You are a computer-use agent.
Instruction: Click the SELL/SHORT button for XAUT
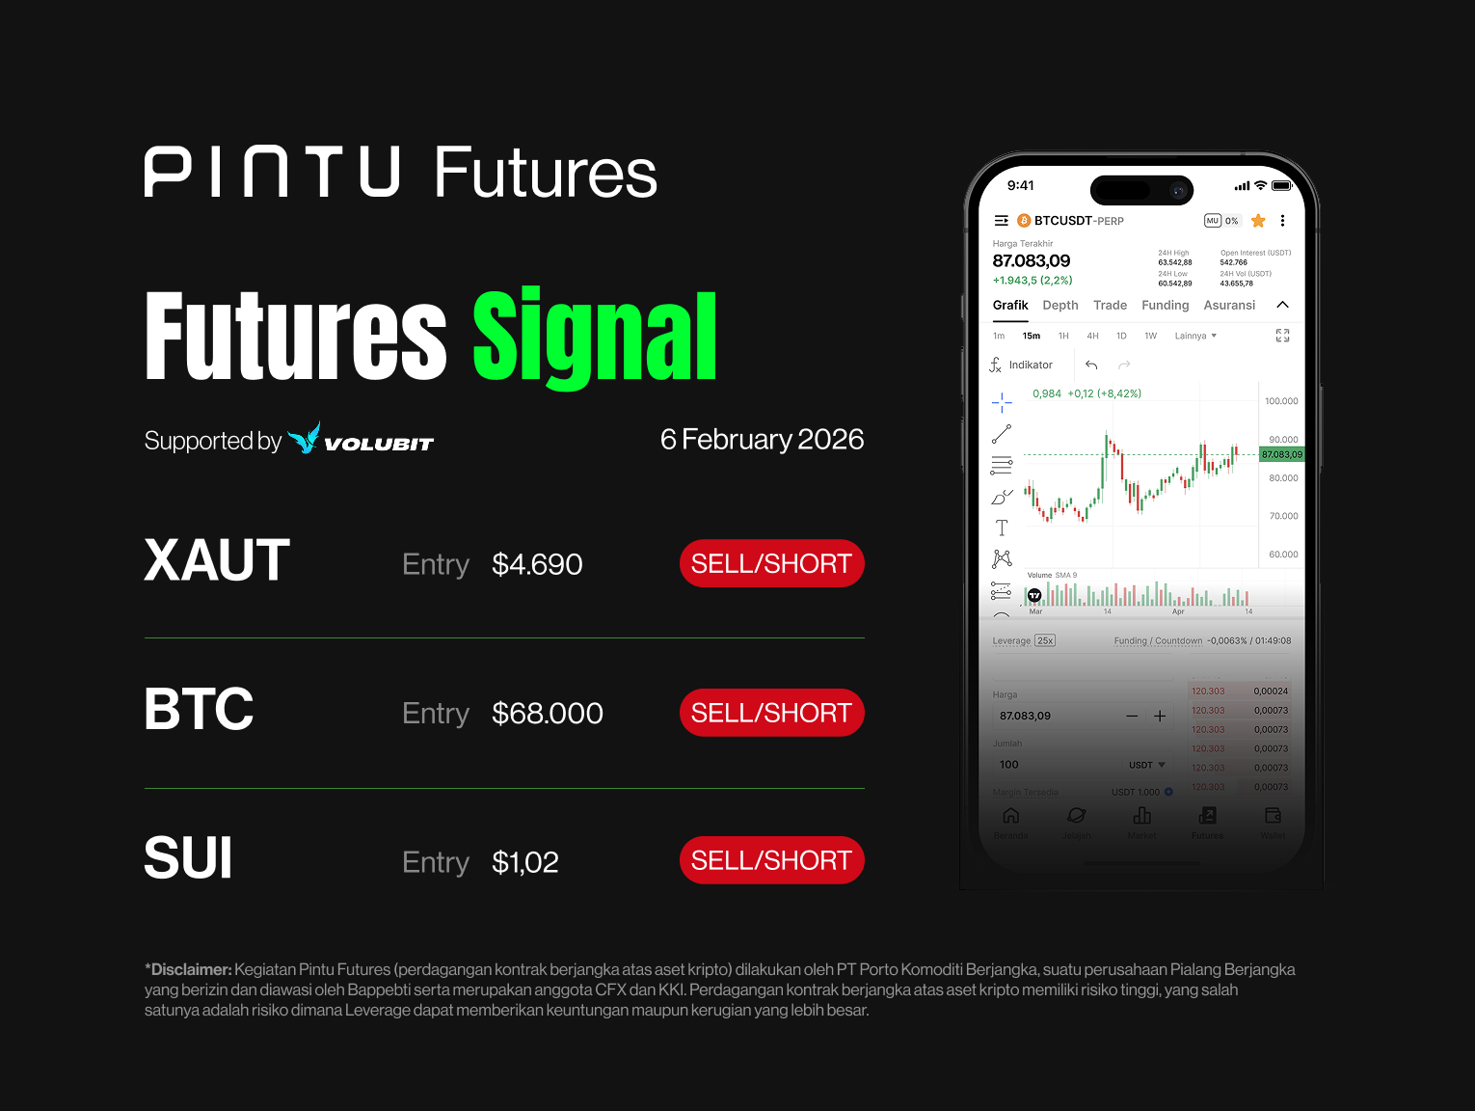[x=771, y=563]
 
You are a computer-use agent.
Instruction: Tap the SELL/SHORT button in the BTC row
[x=771, y=713]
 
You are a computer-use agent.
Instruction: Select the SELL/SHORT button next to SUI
[x=771, y=860]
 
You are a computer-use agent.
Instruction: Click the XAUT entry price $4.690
[x=537, y=564]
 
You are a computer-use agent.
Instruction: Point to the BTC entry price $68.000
[x=547, y=714]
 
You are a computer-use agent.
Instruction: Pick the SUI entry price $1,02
[x=525, y=862]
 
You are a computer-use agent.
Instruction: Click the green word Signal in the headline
[x=595, y=337]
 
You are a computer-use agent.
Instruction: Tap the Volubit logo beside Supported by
[x=361, y=440]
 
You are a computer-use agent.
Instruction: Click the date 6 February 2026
[x=762, y=440]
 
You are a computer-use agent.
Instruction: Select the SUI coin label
[x=188, y=857]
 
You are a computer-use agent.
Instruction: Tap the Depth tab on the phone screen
[x=1060, y=306]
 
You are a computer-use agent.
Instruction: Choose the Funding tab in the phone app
[x=1165, y=306]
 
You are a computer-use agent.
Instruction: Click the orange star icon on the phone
[x=1258, y=221]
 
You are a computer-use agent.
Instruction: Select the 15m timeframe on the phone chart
[x=1032, y=337]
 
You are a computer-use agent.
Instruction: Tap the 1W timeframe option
[x=1150, y=337]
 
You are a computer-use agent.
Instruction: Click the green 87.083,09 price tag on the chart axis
[x=1281, y=454]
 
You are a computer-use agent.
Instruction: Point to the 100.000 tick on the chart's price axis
[x=1281, y=401]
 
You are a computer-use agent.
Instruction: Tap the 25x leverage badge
[x=1045, y=640]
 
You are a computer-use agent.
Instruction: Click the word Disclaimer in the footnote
[x=191, y=969]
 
